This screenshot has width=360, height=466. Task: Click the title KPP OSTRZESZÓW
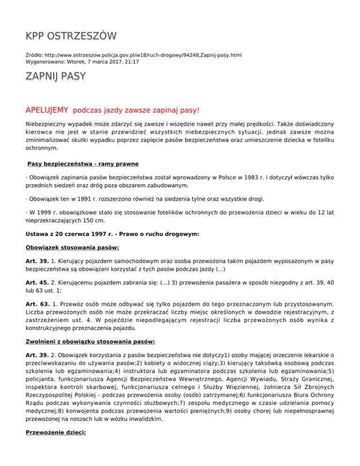tap(71, 36)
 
